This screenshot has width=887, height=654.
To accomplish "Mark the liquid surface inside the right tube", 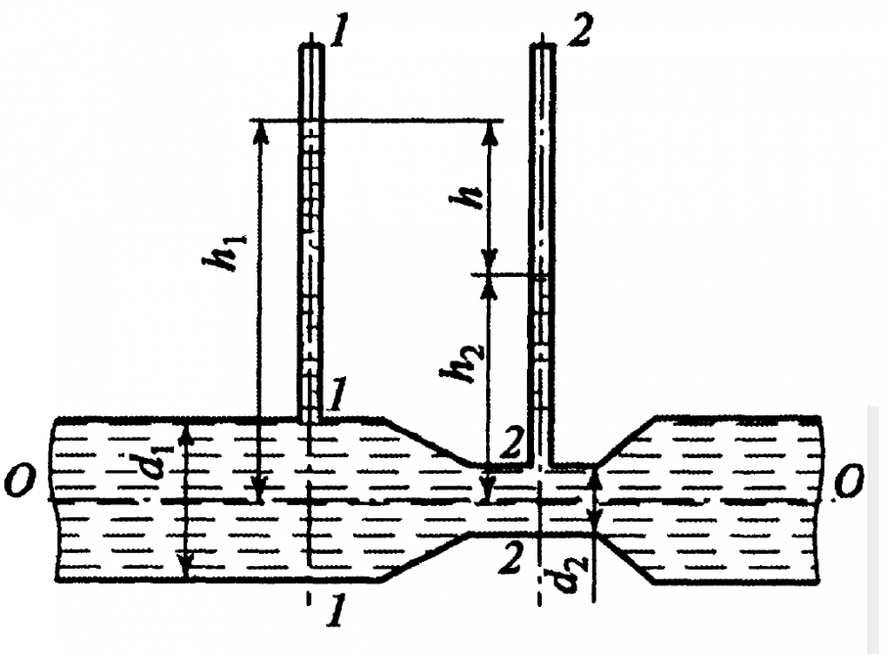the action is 542,274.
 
